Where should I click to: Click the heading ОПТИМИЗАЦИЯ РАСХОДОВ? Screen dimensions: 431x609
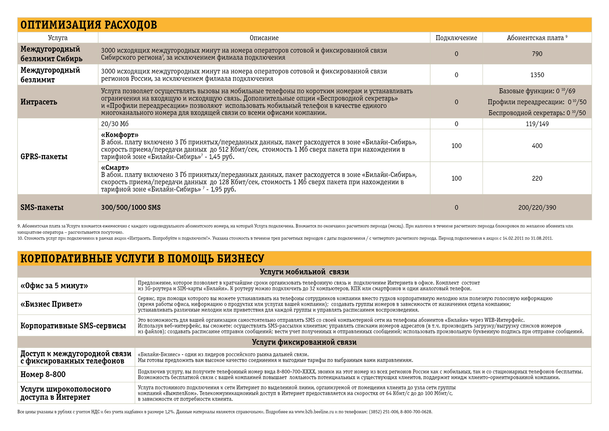89,25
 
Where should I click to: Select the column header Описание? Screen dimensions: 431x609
264,38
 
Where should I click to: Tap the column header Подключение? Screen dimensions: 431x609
456,38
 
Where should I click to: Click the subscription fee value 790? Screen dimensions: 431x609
537,54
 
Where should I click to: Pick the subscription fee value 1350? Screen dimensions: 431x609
537,75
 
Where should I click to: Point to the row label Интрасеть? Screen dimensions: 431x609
39,102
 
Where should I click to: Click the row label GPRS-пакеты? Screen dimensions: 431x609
44,157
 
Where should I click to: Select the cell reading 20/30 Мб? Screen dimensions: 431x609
115,124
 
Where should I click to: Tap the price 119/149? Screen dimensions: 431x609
537,124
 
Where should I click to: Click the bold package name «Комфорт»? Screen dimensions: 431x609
120,135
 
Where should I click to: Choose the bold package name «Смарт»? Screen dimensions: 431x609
115,168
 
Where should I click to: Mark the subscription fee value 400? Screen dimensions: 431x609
537,146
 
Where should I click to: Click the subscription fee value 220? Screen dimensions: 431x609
537,178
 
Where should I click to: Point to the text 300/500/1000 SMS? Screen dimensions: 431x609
131,207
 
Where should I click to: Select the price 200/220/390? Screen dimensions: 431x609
537,207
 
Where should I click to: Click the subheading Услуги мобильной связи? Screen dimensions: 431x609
304,272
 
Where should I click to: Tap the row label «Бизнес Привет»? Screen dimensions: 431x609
51,304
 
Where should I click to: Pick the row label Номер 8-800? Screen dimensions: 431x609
43,374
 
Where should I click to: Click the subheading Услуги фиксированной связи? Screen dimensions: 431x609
304,342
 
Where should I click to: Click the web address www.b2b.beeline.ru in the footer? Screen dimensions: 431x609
314,412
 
